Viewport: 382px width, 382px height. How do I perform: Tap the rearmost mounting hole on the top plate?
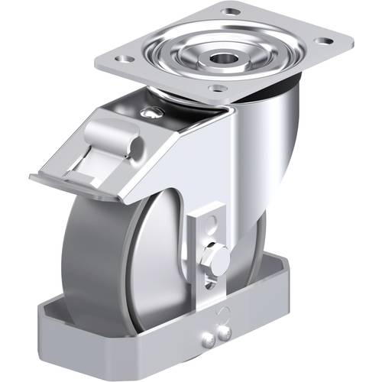(x=230, y=11)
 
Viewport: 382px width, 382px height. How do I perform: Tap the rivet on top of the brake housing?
(x=147, y=113)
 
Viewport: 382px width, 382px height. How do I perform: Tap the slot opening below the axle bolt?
(x=211, y=283)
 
